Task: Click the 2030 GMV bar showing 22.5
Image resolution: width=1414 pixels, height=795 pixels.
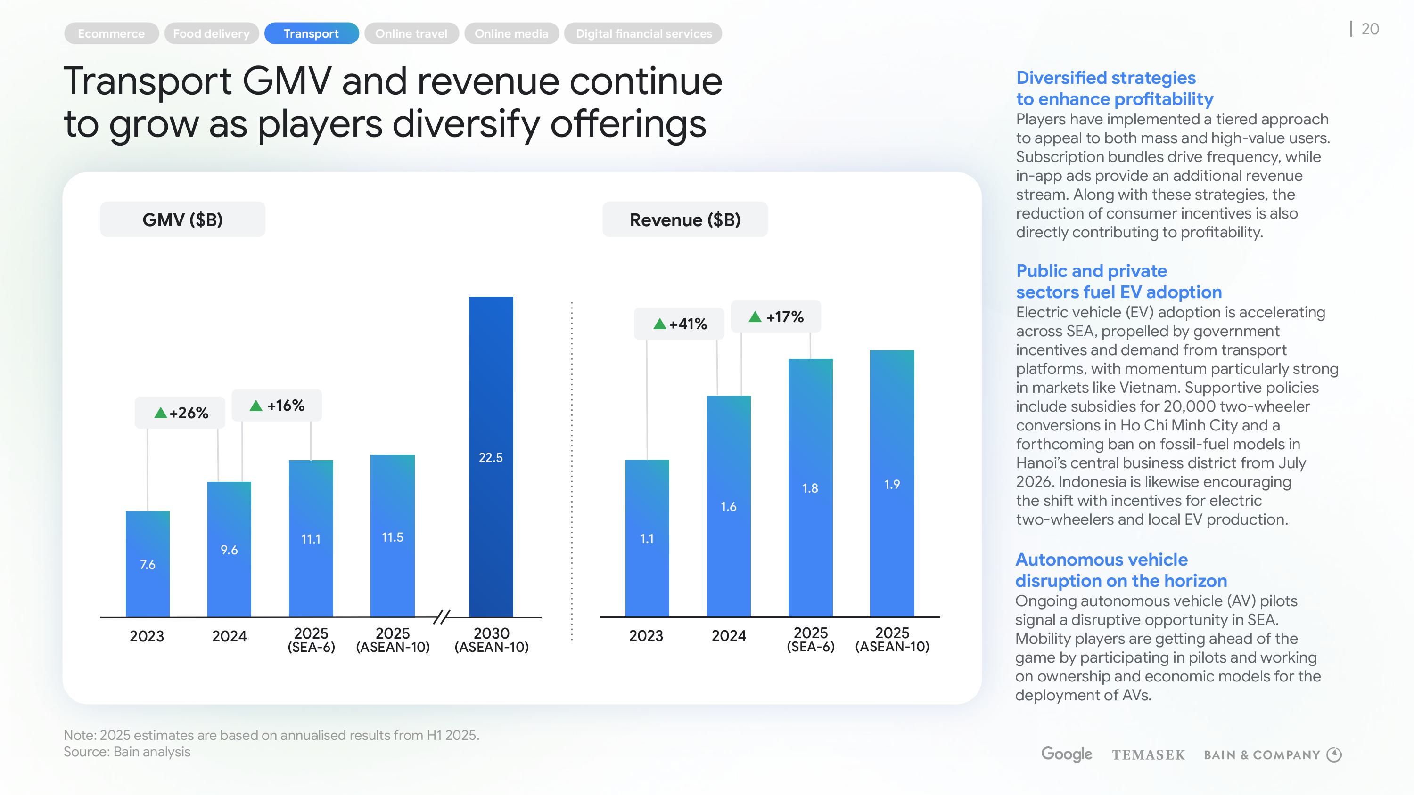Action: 491,456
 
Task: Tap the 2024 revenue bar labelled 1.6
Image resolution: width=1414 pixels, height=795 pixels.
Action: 728,506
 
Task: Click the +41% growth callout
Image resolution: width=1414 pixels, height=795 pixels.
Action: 679,324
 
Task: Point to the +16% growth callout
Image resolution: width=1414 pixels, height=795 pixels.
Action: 277,406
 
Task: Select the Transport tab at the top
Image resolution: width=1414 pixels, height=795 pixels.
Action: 311,33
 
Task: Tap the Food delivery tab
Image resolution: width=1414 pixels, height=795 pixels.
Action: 211,33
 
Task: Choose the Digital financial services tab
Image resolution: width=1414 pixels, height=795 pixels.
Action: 643,33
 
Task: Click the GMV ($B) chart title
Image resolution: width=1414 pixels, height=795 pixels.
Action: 182,219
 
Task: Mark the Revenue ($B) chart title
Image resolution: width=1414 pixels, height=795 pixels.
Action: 685,219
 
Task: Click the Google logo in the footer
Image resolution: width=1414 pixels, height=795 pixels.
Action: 1066,754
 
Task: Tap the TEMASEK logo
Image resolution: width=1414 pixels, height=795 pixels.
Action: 1148,755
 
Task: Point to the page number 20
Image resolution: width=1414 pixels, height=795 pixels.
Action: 1370,29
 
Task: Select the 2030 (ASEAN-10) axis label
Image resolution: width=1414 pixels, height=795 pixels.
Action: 491,640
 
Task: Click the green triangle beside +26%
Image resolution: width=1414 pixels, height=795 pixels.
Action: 160,413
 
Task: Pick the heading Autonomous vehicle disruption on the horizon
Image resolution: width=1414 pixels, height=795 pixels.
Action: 1121,570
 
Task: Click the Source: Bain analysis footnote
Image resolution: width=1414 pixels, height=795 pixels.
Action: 127,752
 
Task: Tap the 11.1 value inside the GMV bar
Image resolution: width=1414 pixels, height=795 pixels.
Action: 311,539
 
